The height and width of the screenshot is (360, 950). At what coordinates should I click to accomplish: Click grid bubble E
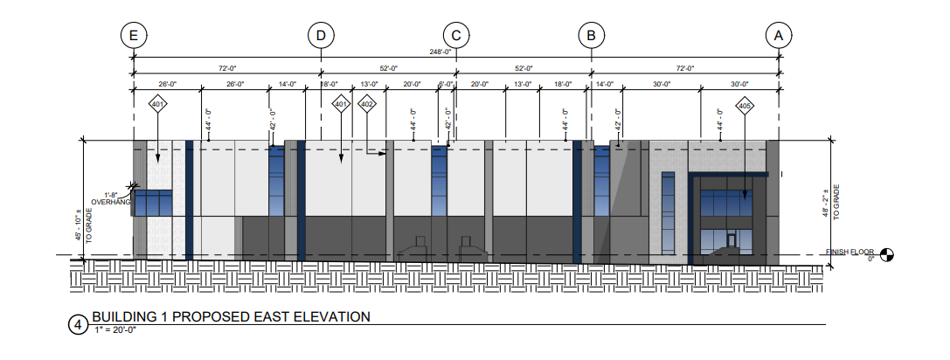pos(134,36)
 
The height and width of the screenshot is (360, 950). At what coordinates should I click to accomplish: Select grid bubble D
pos(322,36)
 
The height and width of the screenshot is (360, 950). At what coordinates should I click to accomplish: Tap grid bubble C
pos(455,36)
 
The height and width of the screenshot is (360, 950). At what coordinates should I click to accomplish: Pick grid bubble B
pos(592,36)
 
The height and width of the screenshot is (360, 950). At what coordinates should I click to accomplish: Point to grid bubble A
pos(780,36)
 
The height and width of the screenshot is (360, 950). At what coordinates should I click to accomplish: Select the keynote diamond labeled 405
pos(745,107)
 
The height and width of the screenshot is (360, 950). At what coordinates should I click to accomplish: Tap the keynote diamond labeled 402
pos(367,105)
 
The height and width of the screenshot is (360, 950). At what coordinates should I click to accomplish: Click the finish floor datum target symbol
pos(888,254)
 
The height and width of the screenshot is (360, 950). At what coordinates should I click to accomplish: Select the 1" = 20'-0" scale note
pos(115,329)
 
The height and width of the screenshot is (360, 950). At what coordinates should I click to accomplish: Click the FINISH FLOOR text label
pos(849,252)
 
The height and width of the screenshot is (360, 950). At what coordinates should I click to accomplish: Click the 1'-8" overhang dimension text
pos(111,195)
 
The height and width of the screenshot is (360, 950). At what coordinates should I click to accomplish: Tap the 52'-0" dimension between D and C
pos(387,68)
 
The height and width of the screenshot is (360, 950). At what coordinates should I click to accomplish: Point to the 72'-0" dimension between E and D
pos(228,68)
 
